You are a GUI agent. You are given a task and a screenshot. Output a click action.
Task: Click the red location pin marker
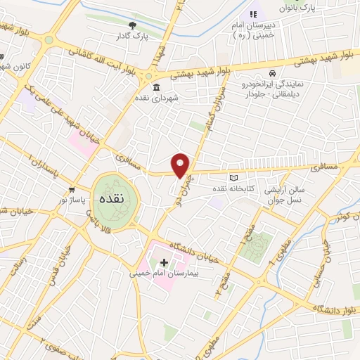coord(181,165)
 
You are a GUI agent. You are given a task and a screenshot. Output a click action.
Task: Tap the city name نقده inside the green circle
coord(112,199)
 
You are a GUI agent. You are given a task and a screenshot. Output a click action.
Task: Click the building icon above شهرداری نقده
coord(155,88)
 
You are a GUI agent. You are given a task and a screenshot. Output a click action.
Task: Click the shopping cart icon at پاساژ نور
coord(72,190)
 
